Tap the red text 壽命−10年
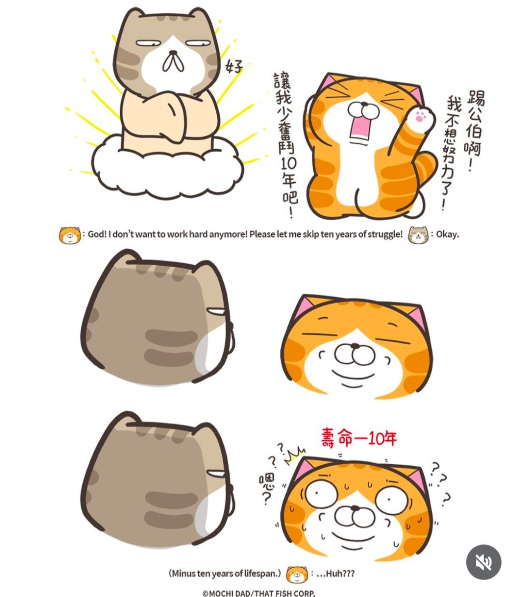(x=358, y=446)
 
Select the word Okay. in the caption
(x=447, y=234)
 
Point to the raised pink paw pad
(x=419, y=116)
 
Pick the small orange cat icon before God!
(x=70, y=235)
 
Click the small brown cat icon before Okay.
(x=418, y=235)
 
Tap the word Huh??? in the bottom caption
(x=340, y=574)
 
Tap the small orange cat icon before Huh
(x=297, y=575)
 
